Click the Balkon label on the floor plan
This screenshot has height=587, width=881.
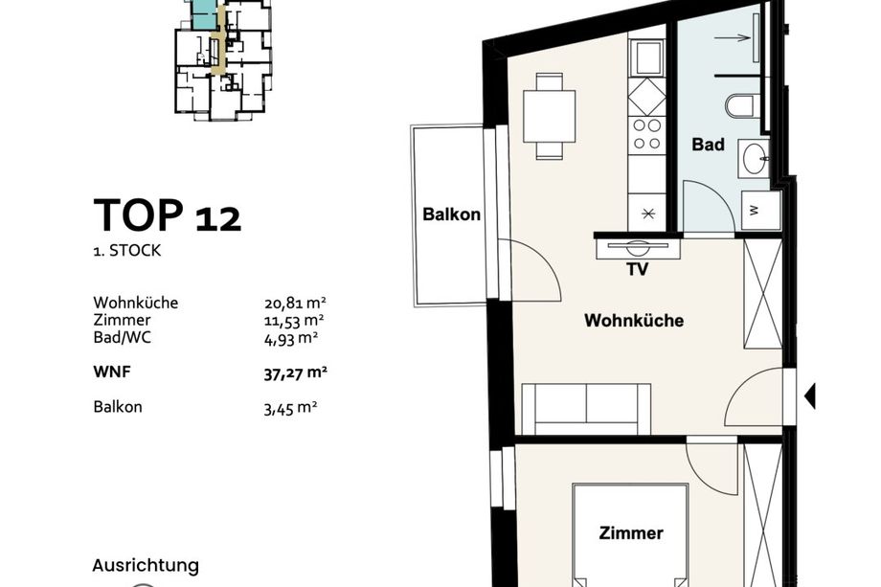point(451,214)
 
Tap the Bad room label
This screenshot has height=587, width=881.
point(708,145)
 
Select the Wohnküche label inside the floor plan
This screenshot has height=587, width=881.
point(634,320)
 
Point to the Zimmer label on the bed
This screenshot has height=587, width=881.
point(631,532)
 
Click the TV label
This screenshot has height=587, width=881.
point(638,270)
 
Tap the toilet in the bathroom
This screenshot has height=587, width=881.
point(740,106)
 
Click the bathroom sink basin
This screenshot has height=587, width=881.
point(755,158)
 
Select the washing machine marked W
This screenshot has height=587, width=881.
point(760,210)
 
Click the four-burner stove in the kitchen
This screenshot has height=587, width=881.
point(646,135)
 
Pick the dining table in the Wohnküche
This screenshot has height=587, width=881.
point(550,116)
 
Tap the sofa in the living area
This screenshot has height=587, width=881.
point(586,409)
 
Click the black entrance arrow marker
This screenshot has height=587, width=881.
point(810,396)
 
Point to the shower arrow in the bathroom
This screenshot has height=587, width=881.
point(733,38)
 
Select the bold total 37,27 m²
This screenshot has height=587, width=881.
point(296,373)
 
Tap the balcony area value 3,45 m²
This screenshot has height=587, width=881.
point(290,408)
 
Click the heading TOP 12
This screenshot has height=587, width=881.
point(168,215)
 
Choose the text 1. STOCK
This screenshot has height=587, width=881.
point(127,251)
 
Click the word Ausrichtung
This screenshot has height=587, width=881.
point(146,566)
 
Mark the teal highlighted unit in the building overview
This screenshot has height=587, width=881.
point(203,14)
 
